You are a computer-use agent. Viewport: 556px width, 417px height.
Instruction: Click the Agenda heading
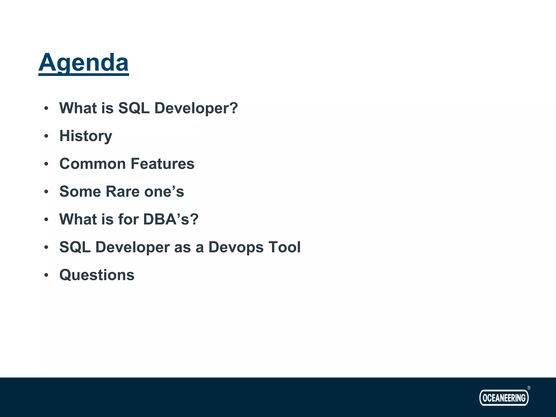click(x=83, y=63)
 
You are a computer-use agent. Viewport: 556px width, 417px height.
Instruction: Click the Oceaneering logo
click(x=504, y=398)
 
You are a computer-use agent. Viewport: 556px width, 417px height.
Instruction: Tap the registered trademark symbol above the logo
click(x=529, y=388)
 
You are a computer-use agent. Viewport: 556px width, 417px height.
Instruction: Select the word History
click(x=86, y=136)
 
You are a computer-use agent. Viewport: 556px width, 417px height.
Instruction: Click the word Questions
click(x=97, y=275)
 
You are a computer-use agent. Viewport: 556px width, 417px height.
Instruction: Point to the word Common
click(x=93, y=164)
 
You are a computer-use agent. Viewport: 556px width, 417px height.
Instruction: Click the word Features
click(x=162, y=164)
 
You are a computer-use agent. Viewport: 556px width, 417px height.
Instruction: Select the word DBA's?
click(x=171, y=219)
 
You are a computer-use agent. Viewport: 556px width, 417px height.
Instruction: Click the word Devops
click(x=236, y=247)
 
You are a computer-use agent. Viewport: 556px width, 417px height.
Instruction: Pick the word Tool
click(x=285, y=247)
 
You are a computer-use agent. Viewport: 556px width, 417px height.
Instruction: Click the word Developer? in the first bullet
click(x=196, y=108)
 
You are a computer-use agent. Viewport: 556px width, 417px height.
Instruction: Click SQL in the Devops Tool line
click(x=75, y=247)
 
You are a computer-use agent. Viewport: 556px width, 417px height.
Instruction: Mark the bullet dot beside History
click(x=46, y=136)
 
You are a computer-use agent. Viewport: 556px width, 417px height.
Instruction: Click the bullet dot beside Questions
click(x=46, y=275)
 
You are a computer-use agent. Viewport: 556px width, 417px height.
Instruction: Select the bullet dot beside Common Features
click(x=46, y=164)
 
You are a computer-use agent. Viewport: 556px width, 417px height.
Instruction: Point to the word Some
click(x=80, y=191)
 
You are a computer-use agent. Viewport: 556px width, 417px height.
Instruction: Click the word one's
click(x=164, y=191)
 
